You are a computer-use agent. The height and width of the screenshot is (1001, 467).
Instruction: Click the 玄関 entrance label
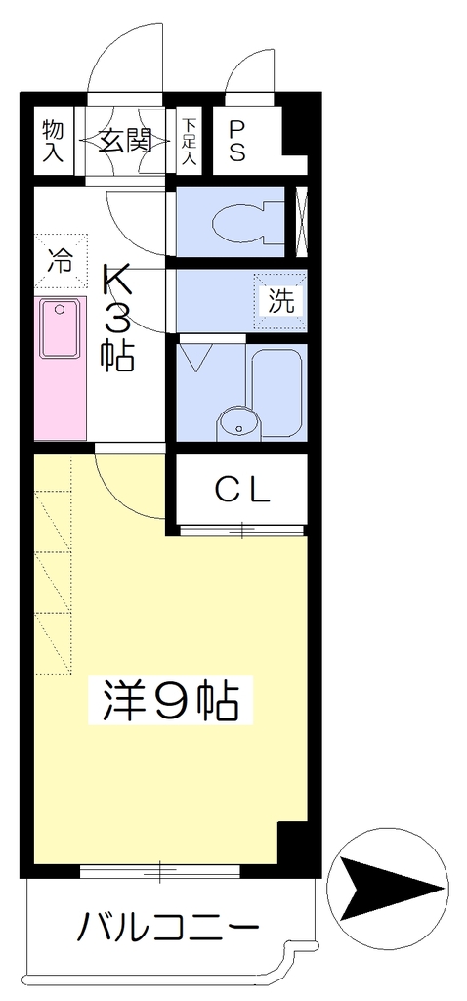pos(125,140)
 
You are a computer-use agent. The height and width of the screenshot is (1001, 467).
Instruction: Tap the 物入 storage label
pos(54,140)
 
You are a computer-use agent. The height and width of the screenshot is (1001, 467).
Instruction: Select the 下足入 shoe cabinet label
pos(188,141)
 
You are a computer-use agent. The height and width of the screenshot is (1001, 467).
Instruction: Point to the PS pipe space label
pos(236,142)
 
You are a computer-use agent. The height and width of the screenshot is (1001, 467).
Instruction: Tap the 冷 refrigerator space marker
pos(61,261)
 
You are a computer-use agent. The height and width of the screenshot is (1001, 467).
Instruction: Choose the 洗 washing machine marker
pos(280,300)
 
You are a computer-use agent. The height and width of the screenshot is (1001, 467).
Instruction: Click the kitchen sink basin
pos(60,328)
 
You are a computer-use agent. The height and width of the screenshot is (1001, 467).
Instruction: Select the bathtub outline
pos(276,393)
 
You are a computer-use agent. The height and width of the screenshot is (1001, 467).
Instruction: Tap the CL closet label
pos(241,491)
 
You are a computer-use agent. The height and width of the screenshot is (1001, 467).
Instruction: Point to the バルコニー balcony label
pos(168,927)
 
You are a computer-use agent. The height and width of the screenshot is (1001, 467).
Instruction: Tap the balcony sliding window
pos(160,869)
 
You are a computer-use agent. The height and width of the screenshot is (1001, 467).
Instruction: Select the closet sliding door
pos(241,530)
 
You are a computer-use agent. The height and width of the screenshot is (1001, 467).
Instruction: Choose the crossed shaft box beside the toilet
pos(302,221)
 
